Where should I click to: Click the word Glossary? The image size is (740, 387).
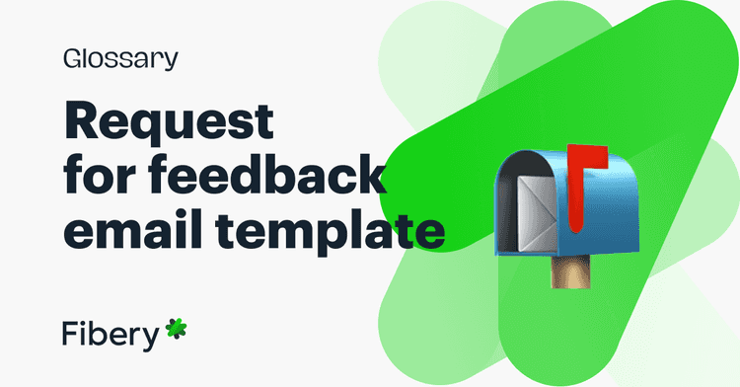click(x=120, y=58)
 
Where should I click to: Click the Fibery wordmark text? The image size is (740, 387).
click(x=109, y=333)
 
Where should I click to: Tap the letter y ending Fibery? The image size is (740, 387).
click(x=149, y=336)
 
